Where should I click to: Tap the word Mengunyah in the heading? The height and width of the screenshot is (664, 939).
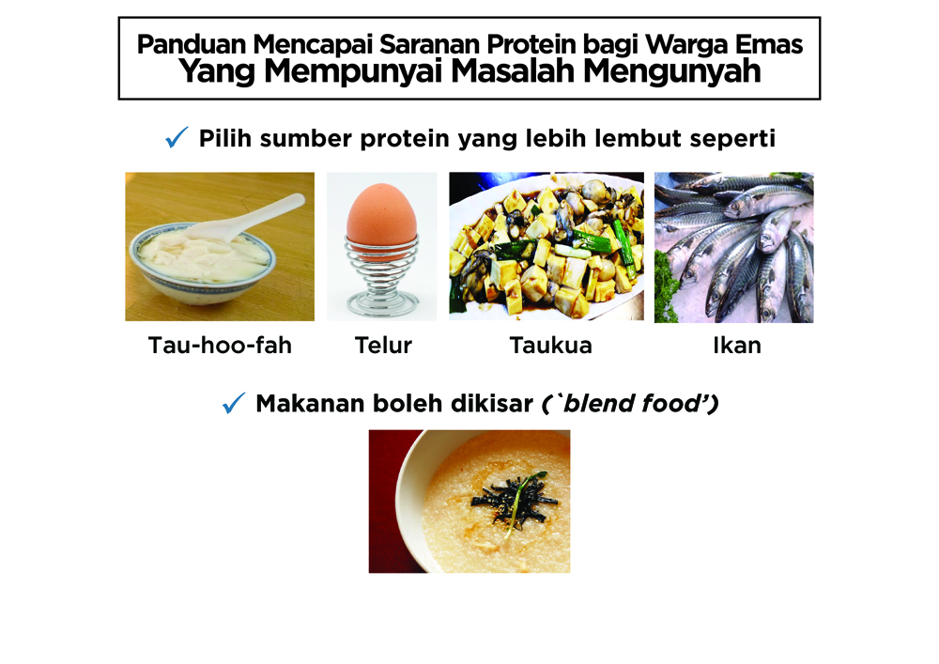click(672, 71)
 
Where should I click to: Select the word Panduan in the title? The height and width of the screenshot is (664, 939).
click(191, 44)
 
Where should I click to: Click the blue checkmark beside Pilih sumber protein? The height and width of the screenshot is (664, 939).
click(177, 137)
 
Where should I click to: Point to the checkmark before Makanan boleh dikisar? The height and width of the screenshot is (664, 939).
click(234, 403)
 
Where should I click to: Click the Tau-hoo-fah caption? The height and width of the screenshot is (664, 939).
click(220, 346)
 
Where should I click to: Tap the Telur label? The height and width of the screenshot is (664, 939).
click(383, 346)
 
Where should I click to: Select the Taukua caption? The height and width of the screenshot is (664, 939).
click(550, 346)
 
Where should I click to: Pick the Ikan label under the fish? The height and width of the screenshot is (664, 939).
click(736, 346)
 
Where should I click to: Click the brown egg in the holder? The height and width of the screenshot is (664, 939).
click(381, 218)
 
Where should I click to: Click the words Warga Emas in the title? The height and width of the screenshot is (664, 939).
click(724, 44)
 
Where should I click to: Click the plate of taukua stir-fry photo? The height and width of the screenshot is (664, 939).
click(546, 246)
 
